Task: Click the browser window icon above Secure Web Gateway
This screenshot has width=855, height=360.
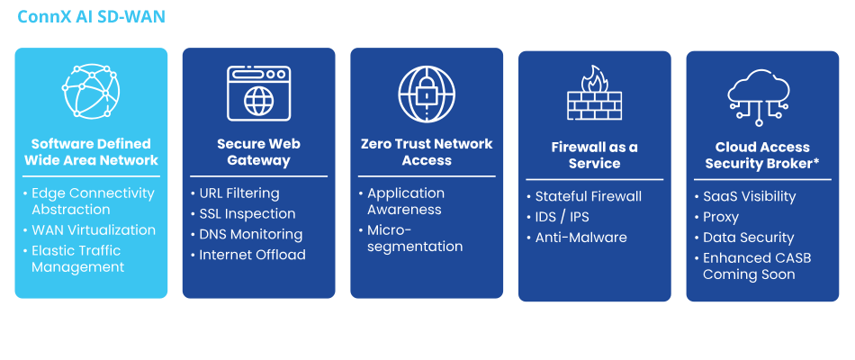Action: tap(258, 94)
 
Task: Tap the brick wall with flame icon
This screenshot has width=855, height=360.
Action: tap(594, 94)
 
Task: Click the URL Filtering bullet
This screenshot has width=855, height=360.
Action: tap(238, 193)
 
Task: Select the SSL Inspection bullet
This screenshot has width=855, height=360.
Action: tap(246, 214)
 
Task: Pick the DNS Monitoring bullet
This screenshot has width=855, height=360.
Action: tap(251, 234)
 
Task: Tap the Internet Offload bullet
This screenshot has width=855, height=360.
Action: tap(251, 255)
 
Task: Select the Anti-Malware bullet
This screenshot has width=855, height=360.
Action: tap(580, 238)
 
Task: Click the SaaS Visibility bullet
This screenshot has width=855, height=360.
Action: tap(749, 197)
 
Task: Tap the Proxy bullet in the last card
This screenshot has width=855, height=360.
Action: tap(720, 217)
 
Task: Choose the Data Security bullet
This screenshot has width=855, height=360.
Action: tap(748, 238)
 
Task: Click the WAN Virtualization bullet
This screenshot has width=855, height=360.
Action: tap(93, 230)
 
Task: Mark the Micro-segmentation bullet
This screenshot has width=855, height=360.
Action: tap(415, 238)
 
